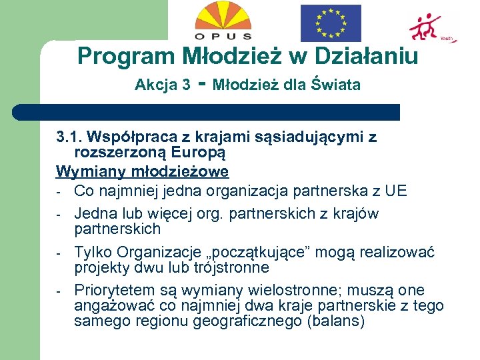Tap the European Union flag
coord(330,23)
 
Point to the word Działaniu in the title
coord(363,55)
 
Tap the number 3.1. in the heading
coord(69,137)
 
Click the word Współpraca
coord(130,137)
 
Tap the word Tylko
coord(93,252)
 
